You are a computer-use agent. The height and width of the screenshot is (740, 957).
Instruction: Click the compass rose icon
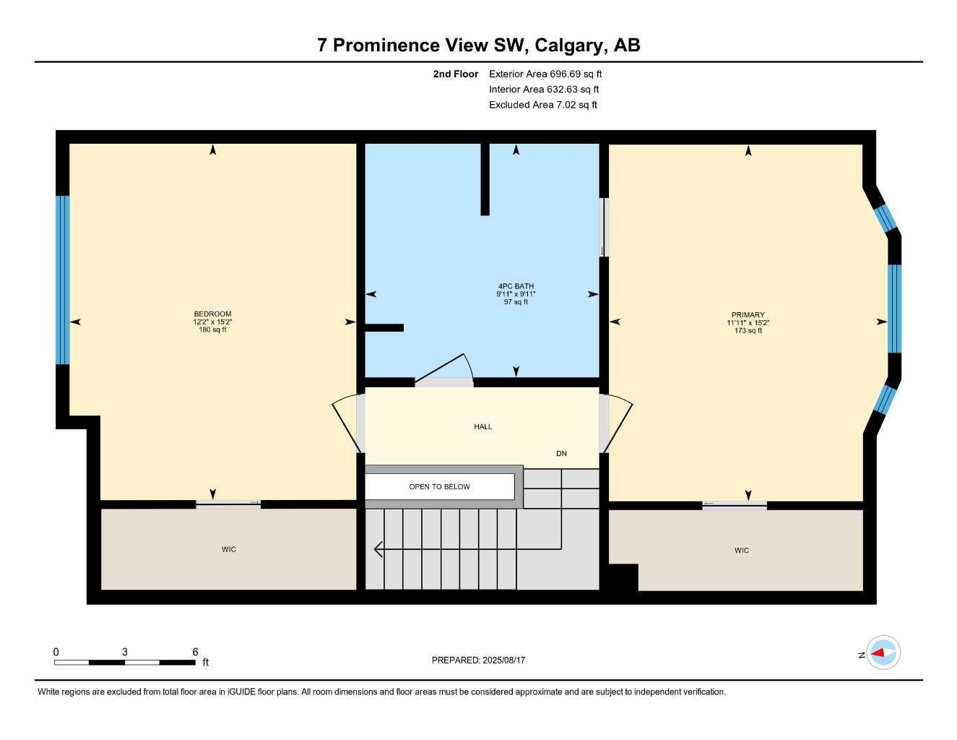click(x=883, y=653)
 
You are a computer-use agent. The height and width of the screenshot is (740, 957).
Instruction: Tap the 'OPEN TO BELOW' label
click(x=439, y=486)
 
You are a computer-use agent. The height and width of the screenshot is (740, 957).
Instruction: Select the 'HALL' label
click(x=482, y=426)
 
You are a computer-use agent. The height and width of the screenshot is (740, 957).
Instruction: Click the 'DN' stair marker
click(x=561, y=453)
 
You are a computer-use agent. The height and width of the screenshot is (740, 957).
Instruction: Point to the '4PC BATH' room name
click(x=515, y=286)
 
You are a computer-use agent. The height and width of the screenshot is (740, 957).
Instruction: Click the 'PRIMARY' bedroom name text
click(x=748, y=315)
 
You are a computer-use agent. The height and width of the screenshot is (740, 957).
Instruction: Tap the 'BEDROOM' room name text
click(x=212, y=314)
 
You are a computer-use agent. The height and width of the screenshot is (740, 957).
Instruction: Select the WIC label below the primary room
click(x=741, y=551)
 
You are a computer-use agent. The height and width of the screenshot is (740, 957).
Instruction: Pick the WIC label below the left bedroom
click(x=229, y=549)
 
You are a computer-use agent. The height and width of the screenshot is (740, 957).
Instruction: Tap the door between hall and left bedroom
click(x=347, y=423)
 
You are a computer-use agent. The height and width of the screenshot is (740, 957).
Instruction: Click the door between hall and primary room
click(x=618, y=423)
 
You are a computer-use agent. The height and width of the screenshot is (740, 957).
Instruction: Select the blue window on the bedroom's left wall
click(x=63, y=280)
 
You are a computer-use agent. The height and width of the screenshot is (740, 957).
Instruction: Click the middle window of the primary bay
click(x=894, y=308)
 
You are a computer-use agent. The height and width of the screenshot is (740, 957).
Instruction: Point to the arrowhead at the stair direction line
click(x=377, y=549)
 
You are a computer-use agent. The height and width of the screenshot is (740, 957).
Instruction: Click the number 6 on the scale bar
click(x=195, y=652)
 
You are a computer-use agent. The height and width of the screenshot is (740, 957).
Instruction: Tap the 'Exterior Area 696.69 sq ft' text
click(x=545, y=74)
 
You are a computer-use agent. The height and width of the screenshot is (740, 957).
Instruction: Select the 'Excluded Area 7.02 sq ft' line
click(x=543, y=105)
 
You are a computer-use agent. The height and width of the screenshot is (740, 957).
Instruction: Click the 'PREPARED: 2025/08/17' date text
click(x=478, y=660)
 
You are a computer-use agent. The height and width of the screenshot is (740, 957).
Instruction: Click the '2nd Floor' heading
click(x=455, y=74)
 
